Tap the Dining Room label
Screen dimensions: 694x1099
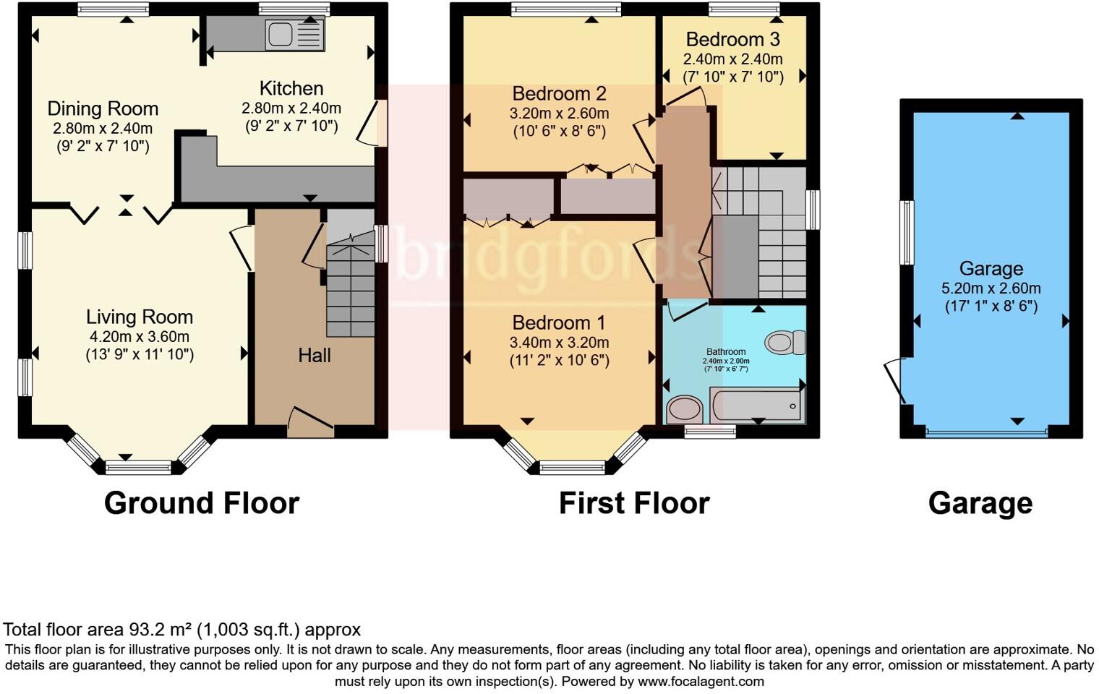pos(103,109)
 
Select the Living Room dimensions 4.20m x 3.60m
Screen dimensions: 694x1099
pos(140,336)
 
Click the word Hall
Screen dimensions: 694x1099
pos(315,355)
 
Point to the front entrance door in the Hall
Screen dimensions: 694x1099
pos(311,421)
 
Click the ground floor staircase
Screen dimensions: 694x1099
pos(351,289)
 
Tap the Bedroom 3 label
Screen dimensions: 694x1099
pos(733,39)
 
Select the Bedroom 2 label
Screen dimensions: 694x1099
pos(559,93)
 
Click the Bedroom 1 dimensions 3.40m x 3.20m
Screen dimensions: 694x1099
pos(559,342)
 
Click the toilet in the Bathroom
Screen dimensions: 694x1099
pos(784,341)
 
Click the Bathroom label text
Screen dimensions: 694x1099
pos(726,352)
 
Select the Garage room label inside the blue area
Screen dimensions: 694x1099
pos(991,269)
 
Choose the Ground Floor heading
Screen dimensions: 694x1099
pos(202,503)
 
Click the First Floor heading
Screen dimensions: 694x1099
pos(634,503)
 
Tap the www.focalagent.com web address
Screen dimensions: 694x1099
pos(701,681)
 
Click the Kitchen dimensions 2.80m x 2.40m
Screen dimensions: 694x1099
pos(291,108)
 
